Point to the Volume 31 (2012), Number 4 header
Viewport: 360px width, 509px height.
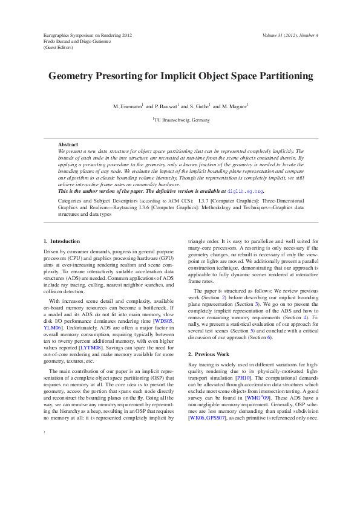coord(290,36)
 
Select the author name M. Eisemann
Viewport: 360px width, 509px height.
coord(126,106)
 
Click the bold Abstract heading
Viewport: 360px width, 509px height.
coord(68,144)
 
